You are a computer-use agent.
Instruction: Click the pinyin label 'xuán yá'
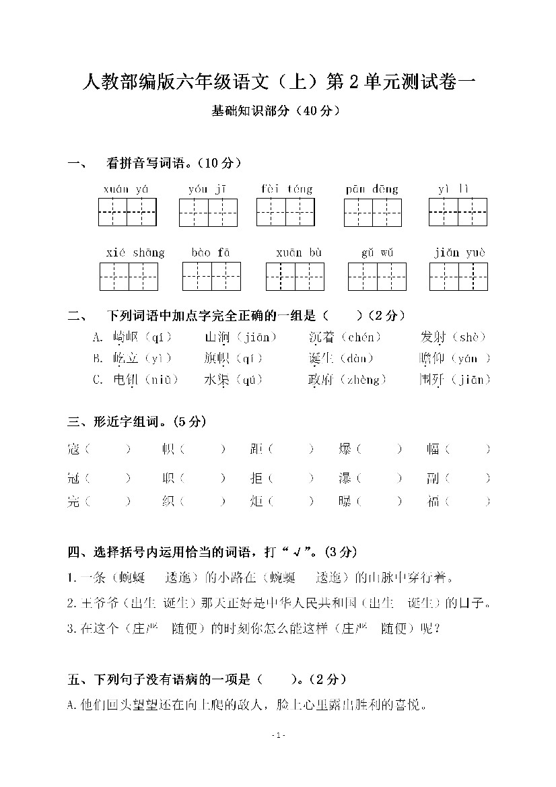tap(127, 189)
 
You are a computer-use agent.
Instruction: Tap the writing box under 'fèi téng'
tap(285, 212)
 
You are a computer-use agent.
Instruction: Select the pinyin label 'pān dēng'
tap(372, 189)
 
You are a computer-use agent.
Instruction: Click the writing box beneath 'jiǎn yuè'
tap(458, 277)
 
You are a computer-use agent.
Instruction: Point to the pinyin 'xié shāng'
tap(135, 252)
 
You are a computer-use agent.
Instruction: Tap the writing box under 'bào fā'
tap(211, 277)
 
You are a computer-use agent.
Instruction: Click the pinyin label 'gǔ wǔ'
tap(377, 252)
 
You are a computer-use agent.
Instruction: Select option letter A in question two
tap(98, 337)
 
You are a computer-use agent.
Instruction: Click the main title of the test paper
tap(278, 83)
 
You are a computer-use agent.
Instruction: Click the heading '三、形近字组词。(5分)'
tap(137, 422)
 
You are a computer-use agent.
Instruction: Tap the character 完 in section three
tap(73, 501)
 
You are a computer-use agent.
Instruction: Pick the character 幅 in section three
tap(433, 449)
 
